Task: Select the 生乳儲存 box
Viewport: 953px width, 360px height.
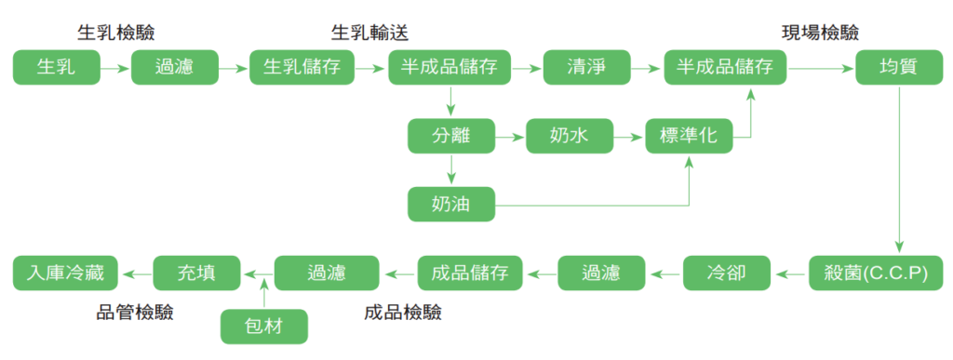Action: tap(302, 68)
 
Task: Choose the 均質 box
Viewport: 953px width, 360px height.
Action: tap(899, 68)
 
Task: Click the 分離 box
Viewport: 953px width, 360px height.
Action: tap(450, 136)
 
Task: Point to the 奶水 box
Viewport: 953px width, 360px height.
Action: tap(569, 136)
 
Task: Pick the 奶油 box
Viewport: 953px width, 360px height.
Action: tap(450, 204)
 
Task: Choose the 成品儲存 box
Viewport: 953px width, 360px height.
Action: tap(470, 273)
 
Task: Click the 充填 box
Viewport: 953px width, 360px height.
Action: tap(196, 273)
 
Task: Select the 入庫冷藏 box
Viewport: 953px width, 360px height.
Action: tap(66, 273)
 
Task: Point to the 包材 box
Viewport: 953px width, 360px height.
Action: tap(263, 327)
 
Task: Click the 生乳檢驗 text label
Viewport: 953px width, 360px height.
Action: tap(116, 33)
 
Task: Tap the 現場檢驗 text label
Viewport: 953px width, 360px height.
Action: tap(819, 33)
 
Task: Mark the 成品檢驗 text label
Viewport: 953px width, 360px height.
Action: tap(403, 312)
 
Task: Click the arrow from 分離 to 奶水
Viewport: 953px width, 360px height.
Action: tap(509, 137)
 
